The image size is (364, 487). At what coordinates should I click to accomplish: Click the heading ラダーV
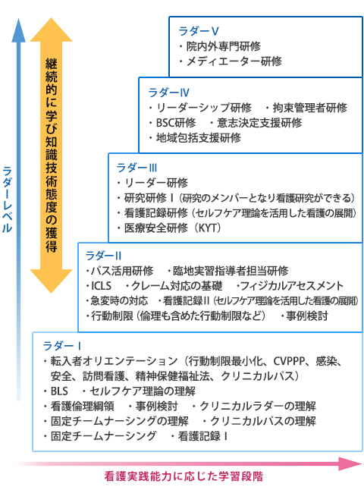click(x=199, y=31)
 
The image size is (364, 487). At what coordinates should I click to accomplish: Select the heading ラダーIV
click(x=168, y=93)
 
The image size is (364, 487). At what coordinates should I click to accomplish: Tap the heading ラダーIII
click(x=136, y=168)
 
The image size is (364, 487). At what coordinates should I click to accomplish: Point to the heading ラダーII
click(x=103, y=256)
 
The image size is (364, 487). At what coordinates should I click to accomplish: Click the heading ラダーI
click(x=62, y=346)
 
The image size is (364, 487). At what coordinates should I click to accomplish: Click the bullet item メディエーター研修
click(x=234, y=61)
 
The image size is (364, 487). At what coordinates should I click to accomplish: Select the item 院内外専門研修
click(x=224, y=46)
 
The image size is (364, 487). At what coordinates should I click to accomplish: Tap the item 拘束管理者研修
click(x=310, y=108)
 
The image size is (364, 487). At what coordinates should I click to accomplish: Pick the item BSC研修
click(x=176, y=123)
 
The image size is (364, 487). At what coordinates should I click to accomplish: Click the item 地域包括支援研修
click(x=199, y=137)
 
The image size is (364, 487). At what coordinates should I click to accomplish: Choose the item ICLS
click(x=101, y=286)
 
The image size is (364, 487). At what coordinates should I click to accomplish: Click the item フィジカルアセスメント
click(x=292, y=286)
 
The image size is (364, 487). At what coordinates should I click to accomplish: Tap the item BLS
click(x=59, y=391)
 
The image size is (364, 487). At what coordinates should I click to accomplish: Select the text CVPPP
click(x=289, y=361)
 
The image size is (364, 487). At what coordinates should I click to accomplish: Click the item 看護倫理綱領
click(x=83, y=406)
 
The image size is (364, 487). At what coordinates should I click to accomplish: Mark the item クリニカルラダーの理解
click(x=258, y=406)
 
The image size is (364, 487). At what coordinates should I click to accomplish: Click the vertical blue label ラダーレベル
click(x=7, y=200)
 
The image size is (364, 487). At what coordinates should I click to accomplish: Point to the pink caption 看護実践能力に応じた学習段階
click(x=184, y=476)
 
